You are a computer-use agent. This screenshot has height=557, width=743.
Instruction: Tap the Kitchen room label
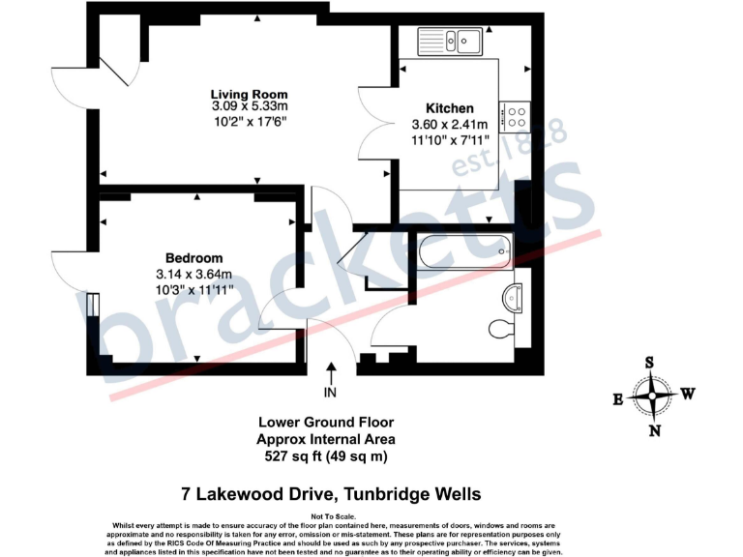pos(450,108)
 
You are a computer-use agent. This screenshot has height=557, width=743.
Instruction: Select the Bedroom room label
pos(193,258)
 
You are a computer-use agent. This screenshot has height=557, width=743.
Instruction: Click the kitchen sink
pos(451,41)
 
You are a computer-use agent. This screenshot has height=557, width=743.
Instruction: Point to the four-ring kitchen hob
pos(517,117)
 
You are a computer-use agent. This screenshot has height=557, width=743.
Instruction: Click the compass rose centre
pos(655,396)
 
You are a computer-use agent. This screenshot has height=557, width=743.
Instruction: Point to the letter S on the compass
pos(651,363)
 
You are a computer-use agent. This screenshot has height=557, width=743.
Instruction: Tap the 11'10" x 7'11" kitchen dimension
pos(450,139)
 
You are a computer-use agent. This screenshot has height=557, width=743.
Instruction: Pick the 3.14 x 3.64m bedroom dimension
pos(193,273)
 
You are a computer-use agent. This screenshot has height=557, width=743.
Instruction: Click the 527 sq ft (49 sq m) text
pos(325,455)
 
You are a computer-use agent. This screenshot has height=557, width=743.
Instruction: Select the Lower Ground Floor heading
pos(325,423)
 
